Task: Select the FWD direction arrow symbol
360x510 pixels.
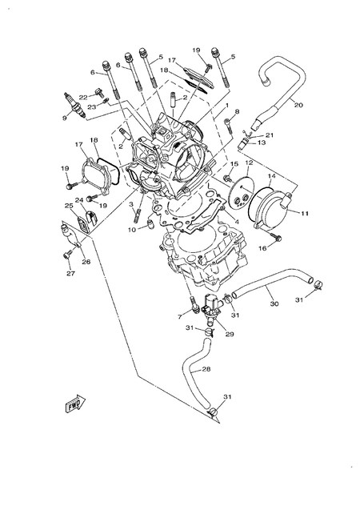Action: [x=76, y=404]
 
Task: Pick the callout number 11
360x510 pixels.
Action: [x=305, y=214]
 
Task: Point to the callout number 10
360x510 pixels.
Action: [x=130, y=230]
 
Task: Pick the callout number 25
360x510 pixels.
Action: [x=68, y=206]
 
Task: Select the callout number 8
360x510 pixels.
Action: [x=237, y=112]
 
